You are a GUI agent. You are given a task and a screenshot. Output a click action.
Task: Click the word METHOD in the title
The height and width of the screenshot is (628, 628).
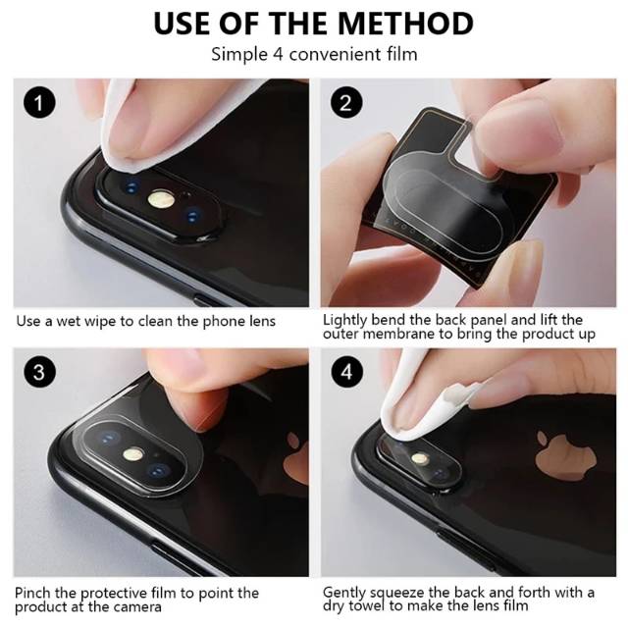[x=405, y=24]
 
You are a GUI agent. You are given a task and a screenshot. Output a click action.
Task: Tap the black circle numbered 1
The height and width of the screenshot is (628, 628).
[x=39, y=102]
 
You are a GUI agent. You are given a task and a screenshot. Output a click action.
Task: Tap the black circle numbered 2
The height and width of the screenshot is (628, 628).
[x=346, y=102]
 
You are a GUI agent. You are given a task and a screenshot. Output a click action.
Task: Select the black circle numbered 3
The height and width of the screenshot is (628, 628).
[x=39, y=372]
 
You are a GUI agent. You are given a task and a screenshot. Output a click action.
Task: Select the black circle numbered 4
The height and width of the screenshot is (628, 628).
[x=346, y=372]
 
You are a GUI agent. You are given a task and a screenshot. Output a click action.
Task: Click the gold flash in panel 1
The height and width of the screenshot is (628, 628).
[x=161, y=199]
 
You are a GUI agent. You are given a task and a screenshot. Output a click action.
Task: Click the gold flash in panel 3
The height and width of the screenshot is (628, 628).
[x=133, y=454]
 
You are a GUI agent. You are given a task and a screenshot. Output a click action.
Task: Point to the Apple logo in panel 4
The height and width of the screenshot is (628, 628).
[x=565, y=455]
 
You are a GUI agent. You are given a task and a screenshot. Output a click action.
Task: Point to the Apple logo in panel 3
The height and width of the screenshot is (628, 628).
[x=296, y=455]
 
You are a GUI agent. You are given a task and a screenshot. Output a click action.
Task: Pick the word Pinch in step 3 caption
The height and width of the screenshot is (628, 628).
[x=32, y=593]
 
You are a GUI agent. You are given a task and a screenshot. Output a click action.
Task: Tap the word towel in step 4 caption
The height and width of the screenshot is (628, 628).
[x=368, y=605]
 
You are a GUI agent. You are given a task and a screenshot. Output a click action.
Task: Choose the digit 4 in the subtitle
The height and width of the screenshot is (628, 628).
[x=278, y=55]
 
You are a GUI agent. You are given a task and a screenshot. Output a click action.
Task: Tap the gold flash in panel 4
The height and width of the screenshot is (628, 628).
[x=420, y=458]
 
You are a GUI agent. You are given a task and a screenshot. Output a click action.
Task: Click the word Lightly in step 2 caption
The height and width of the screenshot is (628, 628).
[x=344, y=321]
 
